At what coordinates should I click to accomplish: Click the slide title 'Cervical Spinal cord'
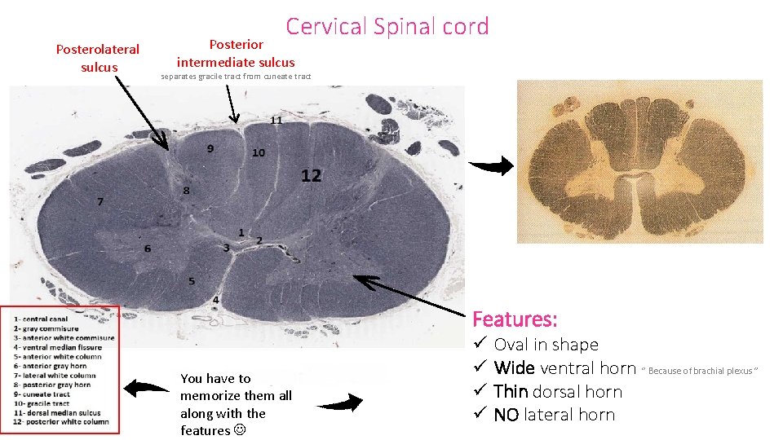pos(387,26)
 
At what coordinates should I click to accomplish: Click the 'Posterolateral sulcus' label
pos(98,58)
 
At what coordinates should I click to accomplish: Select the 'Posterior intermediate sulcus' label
pos(236,53)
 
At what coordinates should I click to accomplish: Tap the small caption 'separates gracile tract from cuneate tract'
pos(236,77)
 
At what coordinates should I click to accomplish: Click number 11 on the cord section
pos(276,120)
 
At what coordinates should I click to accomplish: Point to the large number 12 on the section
pos(311,175)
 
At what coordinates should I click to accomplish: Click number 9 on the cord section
pos(210,148)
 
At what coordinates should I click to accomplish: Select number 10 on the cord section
pos(259,152)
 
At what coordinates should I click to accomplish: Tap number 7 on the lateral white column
pos(100,201)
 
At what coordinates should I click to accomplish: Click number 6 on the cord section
pos(148,248)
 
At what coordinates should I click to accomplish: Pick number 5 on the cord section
pos(192,281)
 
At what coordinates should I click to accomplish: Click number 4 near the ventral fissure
pos(215,300)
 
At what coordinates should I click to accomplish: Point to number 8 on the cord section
pos(186,190)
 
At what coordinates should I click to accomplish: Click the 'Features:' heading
pos(515,319)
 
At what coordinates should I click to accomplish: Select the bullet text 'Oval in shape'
pos(546,345)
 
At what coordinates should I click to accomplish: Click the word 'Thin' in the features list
pos(511,391)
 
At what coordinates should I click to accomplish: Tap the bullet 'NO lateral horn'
pos(554,415)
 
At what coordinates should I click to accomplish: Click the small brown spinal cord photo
pos(640,161)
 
